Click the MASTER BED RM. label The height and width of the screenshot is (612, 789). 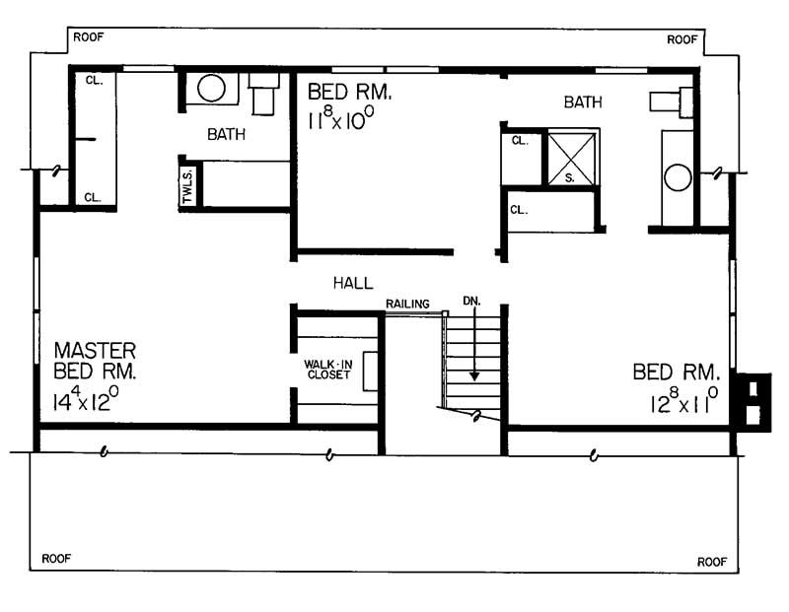pos(95,361)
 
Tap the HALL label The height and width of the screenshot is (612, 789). pos(352,283)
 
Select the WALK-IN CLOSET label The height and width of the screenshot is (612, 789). pos(329,369)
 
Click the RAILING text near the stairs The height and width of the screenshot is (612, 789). pos(407,304)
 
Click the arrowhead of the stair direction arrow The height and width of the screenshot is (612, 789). pos(474,375)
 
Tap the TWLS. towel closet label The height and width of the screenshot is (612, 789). pos(187,185)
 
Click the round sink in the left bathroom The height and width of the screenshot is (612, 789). pos(212,88)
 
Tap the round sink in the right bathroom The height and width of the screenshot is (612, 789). pos(678,178)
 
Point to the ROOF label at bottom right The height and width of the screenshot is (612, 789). pos(712,561)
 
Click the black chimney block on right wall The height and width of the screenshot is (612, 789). pos(756,399)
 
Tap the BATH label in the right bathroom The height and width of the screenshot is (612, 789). pos(583,102)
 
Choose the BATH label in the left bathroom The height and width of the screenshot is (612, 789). pos(226,134)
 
